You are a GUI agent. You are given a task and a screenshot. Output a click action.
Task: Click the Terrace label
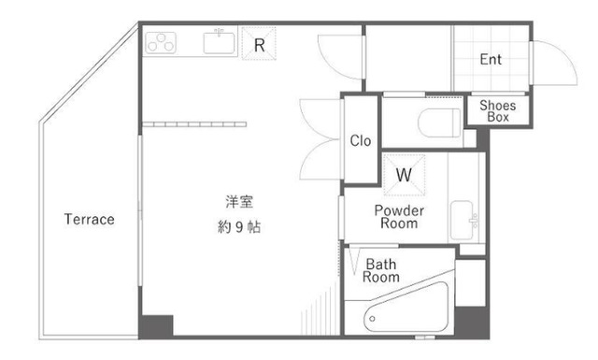click(x=89, y=220)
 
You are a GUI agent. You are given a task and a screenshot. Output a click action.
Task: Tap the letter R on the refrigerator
click(x=260, y=43)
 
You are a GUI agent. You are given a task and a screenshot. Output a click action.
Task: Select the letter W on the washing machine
click(x=404, y=174)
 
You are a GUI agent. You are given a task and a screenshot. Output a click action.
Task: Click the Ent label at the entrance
click(x=491, y=60)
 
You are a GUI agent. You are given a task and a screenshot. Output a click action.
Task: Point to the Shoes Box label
click(x=498, y=111)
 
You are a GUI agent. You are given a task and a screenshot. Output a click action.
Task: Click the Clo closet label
click(x=360, y=141)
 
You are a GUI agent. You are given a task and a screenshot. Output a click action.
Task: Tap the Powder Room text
click(x=399, y=217)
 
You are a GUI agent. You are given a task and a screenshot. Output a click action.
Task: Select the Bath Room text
click(x=381, y=270)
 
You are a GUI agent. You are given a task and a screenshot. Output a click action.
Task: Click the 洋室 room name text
click(x=237, y=201)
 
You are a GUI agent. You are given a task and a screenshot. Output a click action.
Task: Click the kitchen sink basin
click(x=221, y=42)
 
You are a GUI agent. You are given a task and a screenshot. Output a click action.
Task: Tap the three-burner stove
click(x=162, y=42)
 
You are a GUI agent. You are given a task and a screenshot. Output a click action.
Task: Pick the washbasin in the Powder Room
click(x=463, y=220)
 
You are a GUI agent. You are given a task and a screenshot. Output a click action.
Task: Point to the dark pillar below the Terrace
click(x=156, y=327)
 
